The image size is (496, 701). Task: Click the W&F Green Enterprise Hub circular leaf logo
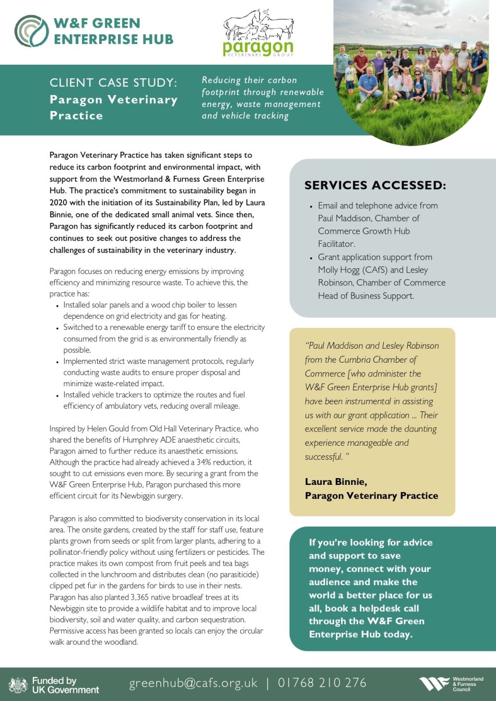32,31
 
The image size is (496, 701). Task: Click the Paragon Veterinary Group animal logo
258,32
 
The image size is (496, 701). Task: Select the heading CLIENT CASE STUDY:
113,83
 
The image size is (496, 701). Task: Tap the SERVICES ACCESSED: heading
375,185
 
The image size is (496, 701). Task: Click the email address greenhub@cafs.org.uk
193,683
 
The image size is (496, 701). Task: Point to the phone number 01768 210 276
322,683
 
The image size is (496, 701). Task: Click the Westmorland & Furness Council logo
452,684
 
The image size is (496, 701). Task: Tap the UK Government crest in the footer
18,684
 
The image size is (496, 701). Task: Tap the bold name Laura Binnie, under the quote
336,482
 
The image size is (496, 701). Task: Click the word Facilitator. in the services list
337,244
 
